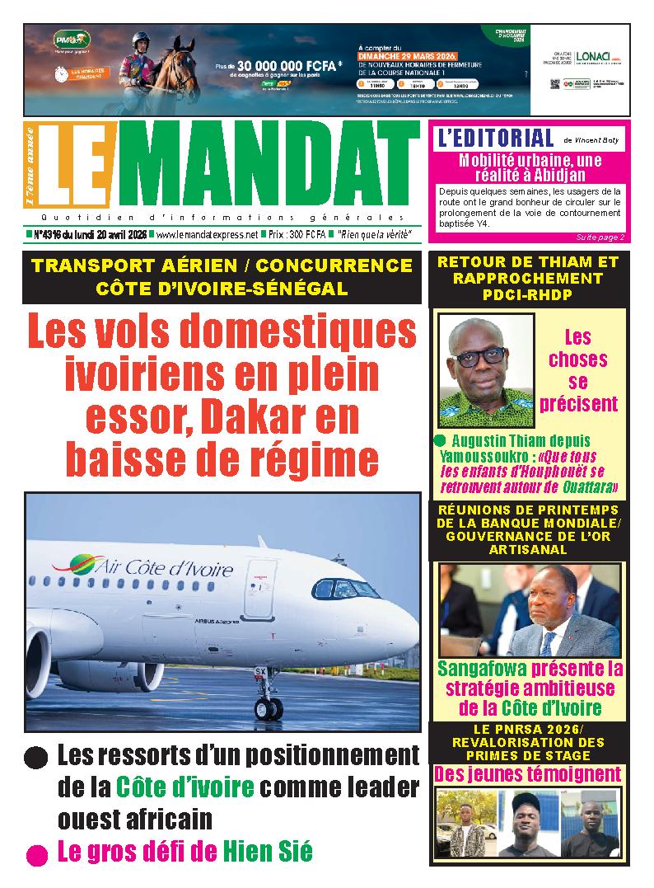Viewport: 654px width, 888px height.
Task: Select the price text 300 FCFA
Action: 308,235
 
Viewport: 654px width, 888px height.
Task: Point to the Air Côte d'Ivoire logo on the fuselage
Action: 143,568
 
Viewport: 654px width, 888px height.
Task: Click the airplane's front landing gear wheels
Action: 269,707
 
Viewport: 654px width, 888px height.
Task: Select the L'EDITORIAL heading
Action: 496,138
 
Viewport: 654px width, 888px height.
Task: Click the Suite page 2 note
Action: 600,237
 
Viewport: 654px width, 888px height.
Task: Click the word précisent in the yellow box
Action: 578,403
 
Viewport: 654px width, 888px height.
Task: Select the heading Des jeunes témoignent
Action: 527,774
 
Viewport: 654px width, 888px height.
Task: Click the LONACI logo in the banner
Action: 593,57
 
